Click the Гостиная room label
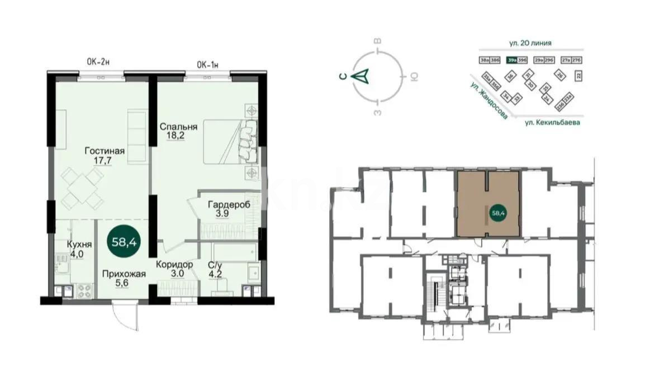pyautogui.click(x=105, y=151)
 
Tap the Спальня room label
pyautogui.click(x=178, y=126)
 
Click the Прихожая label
pyautogui.click(x=124, y=274)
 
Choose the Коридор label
pyautogui.click(x=174, y=264)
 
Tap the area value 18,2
pyautogui.click(x=174, y=135)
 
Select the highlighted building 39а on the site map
pyautogui.click(x=511, y=60)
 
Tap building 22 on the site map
pyautogui.click(x=578, y=74)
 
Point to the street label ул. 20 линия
pyautogui.click(x=530, y=42)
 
